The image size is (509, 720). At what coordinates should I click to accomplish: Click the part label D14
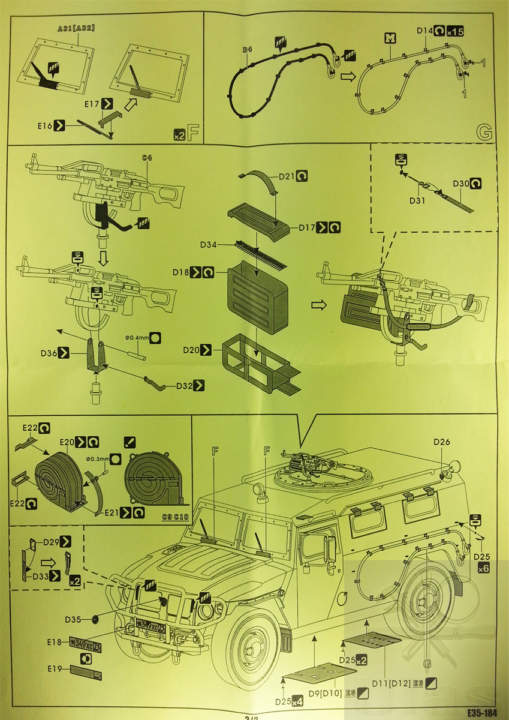[x=424, y=30]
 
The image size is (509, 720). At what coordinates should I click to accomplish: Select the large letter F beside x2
[x=193, y=133]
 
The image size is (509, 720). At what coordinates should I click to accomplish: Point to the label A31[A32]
[x=77, y=28]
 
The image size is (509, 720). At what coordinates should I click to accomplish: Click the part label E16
[x=44, y=125]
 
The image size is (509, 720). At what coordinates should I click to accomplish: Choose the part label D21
[x=287, y=177]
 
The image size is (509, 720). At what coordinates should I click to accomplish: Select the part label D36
[x=49, y=353]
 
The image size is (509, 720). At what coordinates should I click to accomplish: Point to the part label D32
[x=184, y=386]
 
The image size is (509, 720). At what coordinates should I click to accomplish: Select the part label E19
[x=55, y=667]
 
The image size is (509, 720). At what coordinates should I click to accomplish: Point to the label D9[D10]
[x=325, y=693]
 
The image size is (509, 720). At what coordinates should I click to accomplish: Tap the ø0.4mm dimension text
[x=135, y=337]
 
